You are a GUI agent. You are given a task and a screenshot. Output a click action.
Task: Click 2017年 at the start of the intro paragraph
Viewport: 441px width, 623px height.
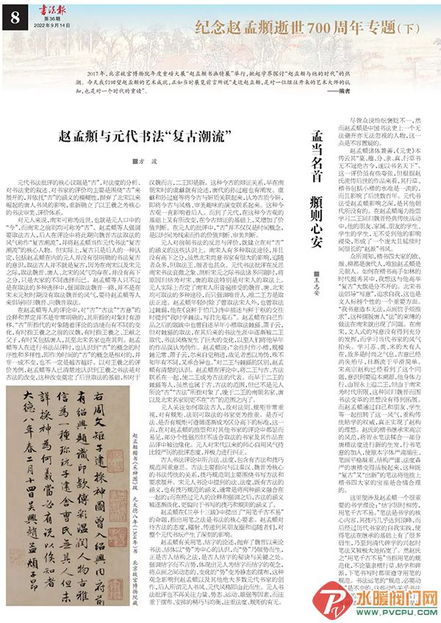pyautogui.click(x=93, y=76)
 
